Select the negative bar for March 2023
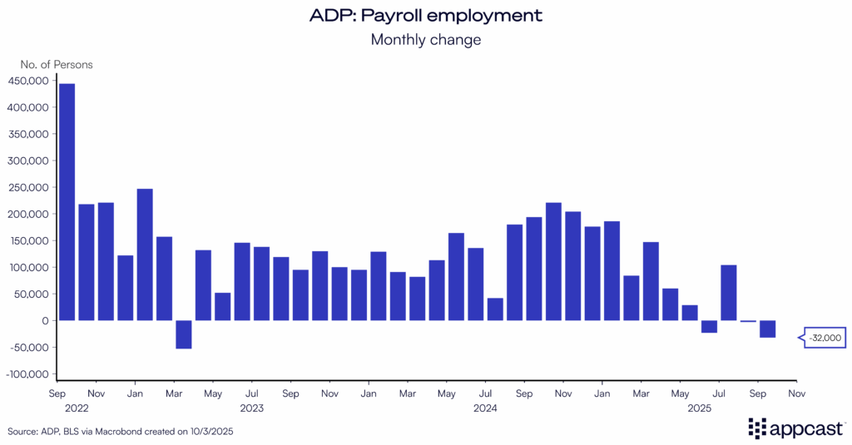(184, 334)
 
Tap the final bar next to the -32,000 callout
(767, 329)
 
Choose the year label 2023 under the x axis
(252, 408)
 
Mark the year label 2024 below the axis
(485, 408)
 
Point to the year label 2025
(699, 408)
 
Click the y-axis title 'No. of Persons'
(57, 64)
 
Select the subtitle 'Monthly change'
(426, 39)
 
